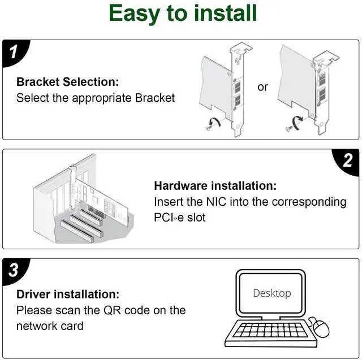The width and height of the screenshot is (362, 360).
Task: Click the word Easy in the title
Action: pyautogui.click(x=135, y=14)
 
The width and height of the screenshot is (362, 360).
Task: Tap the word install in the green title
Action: pyautogui.click(x=225, y=13)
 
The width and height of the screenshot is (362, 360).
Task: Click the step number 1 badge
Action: pyautogui.click(x=14, y=51)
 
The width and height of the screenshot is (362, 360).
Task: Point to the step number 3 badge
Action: pyautogui.click(x=14, y=270)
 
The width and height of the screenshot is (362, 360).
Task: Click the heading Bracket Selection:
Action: pyautogui.click(x=68, y=82)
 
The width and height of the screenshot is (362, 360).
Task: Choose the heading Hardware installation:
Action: pyautogui.click(x=215, y=185)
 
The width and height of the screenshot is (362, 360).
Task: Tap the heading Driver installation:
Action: pyautogui.click(x=68, y=294)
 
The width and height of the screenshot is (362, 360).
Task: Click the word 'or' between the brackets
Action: pyautogui.click(x=262, y=87)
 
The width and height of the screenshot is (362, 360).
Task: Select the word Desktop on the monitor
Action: pyautogui.click(x=272, y=293)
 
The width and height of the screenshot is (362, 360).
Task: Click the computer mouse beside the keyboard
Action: pyautogui.click(x=320, y=327)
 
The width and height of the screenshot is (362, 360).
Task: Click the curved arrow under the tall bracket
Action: pyautogui.click(x=215, y=121)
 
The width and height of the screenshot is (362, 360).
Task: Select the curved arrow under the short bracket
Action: pyautogui.click(x=298, y=122)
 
